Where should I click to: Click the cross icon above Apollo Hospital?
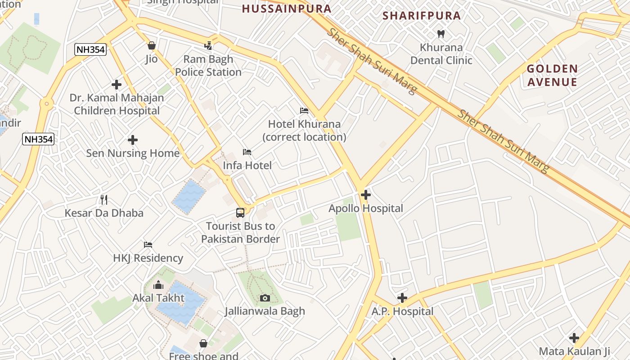[366, 195]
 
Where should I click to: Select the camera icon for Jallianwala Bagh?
[265, 298]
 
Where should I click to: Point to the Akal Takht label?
[158, 298]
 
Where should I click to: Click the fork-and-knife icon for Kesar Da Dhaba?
[104, 199]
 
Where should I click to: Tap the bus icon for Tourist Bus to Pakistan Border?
[240, 212]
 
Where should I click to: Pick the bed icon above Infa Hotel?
[247, 152]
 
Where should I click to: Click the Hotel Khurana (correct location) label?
[304, 130]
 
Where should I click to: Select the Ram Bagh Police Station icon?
[208, 45]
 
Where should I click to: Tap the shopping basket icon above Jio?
[152, 45]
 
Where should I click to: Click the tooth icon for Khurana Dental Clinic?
[441, 34]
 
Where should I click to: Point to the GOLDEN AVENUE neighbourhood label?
[552, 75]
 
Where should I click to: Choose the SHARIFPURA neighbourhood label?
[422, 16]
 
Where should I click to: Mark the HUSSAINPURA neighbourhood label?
[287, 9]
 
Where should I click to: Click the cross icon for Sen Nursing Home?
[133, 140]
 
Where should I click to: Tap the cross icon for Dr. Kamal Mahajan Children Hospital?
[117, 84]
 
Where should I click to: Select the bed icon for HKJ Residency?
[148, 245]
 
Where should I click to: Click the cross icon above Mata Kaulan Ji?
[574, 337]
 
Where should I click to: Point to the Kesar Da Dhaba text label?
[104, 213]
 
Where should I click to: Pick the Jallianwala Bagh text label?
[265, 311]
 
